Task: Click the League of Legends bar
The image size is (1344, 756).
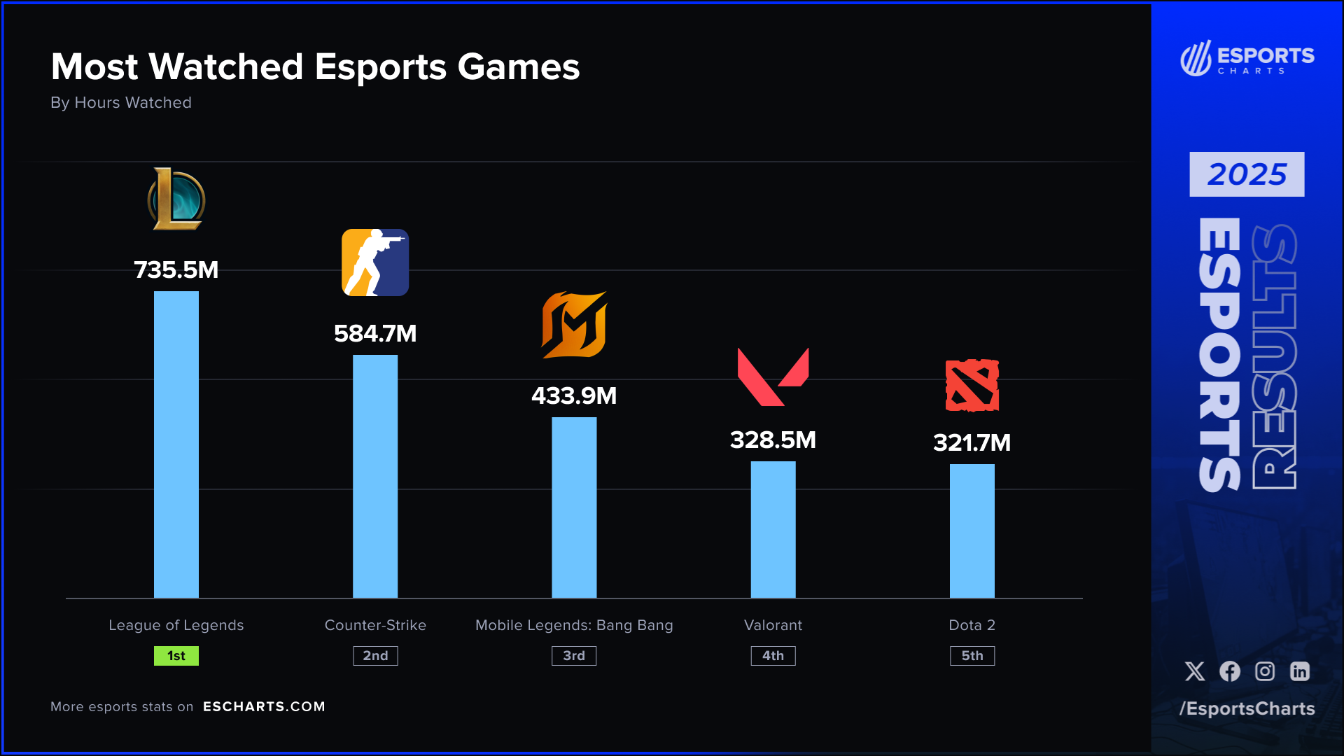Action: coord(176,444)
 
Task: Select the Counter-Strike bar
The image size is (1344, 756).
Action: coord(375,476)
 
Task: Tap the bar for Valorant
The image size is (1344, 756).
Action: coord(773,529)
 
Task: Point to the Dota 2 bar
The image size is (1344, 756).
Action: coord(972,531)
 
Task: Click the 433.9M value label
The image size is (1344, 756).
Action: coord(574,396)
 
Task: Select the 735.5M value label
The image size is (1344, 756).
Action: coord(176,270)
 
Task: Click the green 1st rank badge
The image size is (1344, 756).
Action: coord(176,656)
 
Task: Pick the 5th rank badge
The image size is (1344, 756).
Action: coord(972,656)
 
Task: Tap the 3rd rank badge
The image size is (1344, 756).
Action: coord(574,656)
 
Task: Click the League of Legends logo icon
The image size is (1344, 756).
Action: coord(176,199)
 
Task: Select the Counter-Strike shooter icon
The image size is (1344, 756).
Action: coord(375,262)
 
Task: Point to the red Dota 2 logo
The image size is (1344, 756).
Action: coord(972,385)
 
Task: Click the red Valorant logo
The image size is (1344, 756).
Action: coord(773,377)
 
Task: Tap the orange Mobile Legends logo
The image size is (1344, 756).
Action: coord(574,325)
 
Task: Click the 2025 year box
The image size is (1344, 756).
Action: coord(1247,174)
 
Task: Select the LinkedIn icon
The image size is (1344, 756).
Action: coord(1300,671)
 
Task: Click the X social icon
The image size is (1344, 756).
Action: coord(1195,671)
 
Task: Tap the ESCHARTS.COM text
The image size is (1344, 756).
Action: coord(264,706)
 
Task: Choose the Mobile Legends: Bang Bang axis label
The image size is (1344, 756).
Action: coord(574,625)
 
